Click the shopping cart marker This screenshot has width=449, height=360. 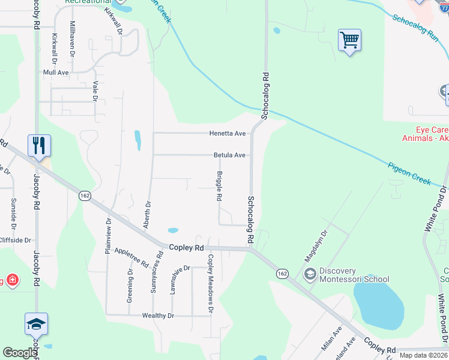[x=349, y=41]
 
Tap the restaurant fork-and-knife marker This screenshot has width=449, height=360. [x=39, y=146]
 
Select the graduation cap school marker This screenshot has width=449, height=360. [x=36, y=325]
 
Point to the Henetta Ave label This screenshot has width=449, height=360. [x=227, y=133]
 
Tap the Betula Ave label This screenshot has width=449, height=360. [x=229, y=155]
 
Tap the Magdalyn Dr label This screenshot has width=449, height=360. [x=317, y=247]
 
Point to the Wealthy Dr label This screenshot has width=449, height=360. [x=158, y=315]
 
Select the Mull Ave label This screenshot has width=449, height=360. [x=56, y=72]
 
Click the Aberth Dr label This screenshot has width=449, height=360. [x=146, y=214]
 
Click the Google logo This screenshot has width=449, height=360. [x=20, y=353]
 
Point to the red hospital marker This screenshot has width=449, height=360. [x=11, y=280]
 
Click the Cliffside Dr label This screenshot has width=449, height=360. [x=15, y=240]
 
